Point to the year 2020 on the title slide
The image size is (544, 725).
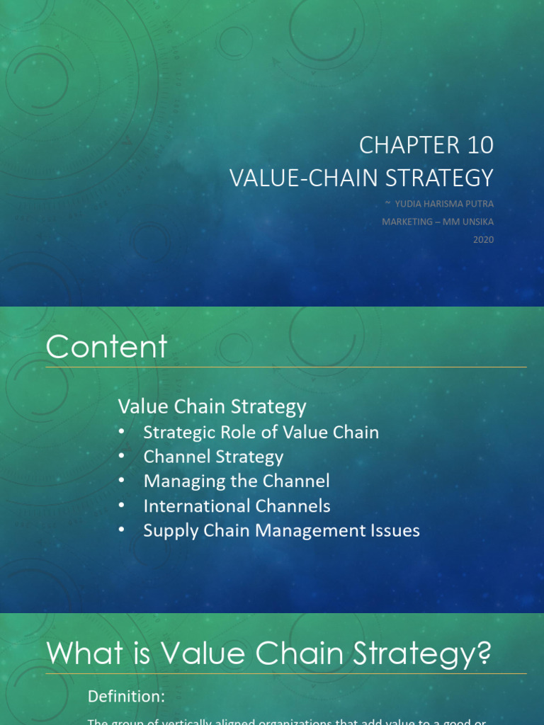(484, 239)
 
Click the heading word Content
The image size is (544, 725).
(107, 347)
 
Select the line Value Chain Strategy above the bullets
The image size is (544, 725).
(212, 406)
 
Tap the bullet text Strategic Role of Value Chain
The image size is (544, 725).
(261, 432)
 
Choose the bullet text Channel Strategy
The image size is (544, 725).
(213, 457)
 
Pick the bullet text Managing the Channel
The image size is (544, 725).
(237, 481)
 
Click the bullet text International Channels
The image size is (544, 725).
(237, 506)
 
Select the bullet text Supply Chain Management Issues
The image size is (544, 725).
(281, 530)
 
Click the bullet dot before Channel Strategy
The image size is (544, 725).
(123, 456)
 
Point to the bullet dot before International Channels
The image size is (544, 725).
(123, 506)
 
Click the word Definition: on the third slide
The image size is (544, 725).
(126, 697)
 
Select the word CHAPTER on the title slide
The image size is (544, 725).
(401, 144)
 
